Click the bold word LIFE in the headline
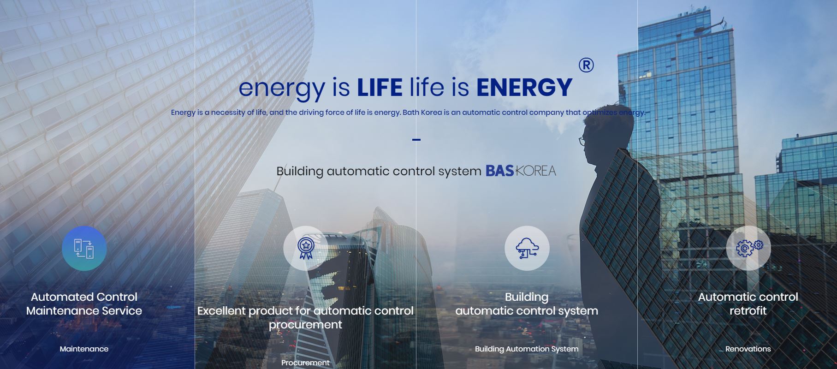coord(380,87)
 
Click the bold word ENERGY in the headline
coord(524,87)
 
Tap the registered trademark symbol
coord(586,65)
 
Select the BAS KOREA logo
coord(521,171)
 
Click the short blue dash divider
coord(416,139)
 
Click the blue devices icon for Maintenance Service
coord(84,248)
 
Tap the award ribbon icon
coord(305,248)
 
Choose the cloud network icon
coord(527,248)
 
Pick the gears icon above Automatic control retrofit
coord(748,248)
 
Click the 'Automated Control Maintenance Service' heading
coord(84,304)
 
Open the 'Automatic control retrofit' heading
coord(748,304)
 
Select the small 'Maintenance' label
coord(84,349)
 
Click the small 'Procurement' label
coord(305,363)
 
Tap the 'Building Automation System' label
coord(527,349)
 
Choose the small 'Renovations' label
coord(748,349)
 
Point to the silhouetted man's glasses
coord(582,141)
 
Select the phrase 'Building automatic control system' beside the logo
coord(379,172)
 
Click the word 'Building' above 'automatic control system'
coord(527,298)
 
